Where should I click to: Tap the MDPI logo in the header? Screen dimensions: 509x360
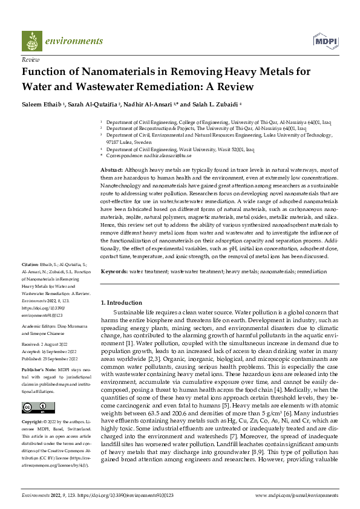324,41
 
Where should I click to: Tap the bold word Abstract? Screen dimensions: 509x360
112,171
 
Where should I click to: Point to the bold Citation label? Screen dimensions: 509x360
30,282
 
